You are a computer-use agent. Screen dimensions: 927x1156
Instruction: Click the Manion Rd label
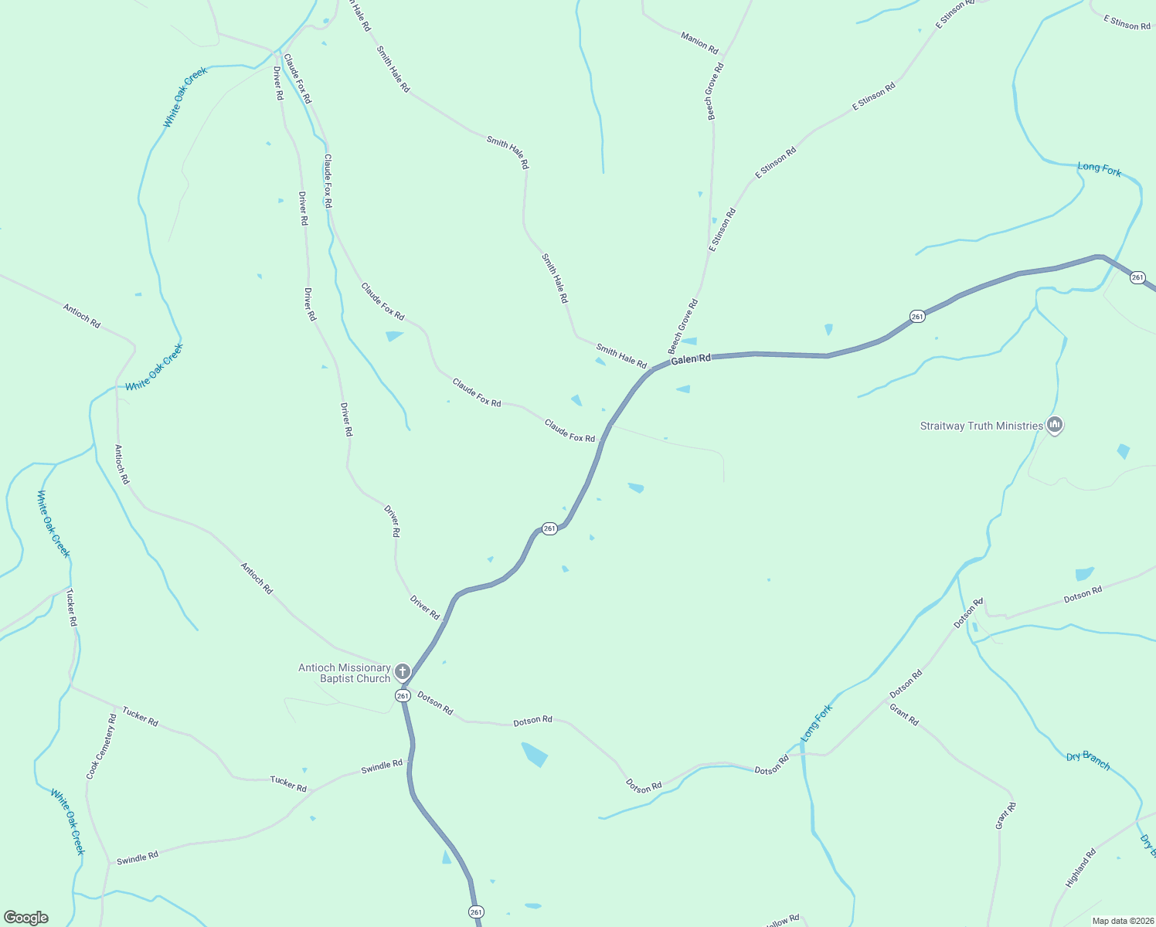point(699,42)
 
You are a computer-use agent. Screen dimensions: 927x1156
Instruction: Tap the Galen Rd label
point(690,360)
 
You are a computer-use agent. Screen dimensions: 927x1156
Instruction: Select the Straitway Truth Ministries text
point(981,426)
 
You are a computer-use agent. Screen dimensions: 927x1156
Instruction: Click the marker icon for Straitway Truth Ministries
point(1055,425)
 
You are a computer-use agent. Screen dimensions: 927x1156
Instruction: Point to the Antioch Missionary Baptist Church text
point(345,673)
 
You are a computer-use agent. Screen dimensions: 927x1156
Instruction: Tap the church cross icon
point(402,671)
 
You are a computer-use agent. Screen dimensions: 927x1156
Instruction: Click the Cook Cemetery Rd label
point(102,746)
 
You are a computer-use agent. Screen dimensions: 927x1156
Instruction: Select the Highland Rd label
point(1081,868)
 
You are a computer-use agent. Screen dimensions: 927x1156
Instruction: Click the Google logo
point(25,918)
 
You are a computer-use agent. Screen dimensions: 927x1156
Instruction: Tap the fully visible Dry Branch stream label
point(1088,760)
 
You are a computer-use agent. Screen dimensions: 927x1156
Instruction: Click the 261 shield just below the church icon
point(403,696)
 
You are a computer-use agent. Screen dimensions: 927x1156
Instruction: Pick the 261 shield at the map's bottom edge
point(476,912)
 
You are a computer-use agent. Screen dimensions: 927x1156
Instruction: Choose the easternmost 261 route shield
point(1137,277)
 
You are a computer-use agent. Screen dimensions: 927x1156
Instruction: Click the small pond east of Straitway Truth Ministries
point(1123,451)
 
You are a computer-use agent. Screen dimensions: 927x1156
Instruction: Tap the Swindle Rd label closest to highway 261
point(382,767)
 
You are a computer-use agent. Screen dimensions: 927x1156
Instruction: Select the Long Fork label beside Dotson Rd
point(817,723)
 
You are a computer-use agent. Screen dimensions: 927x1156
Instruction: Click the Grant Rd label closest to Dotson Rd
point(904,715)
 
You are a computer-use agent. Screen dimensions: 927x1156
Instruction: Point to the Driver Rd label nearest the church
point(424,608)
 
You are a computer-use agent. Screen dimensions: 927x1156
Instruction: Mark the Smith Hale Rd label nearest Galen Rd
point(621,357)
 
